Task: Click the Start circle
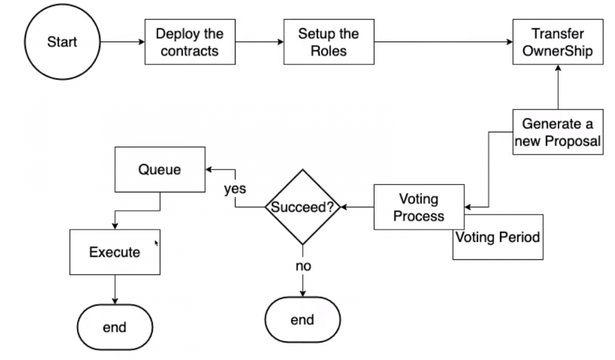tap(62, 42)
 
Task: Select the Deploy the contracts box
tap(190, 42)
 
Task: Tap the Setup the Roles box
tap(329, 42)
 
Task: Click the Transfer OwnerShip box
tap(557, 42)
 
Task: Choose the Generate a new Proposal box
tap(557, 132)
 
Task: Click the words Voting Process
tap(418, 207)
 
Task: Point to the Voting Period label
tap(498, 237)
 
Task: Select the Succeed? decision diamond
tap(302, 207)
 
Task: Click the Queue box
tap(160, 169)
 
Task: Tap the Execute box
tap(115, 252)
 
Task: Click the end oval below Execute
tap(115, 327)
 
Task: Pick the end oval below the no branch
tap(302, 320)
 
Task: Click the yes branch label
tap(235, 189)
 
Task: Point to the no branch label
tap(303, 266)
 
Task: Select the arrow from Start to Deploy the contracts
tap(122, 42)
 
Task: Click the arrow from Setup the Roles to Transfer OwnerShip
tap(443, 42)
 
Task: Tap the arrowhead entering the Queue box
tap(209, 169)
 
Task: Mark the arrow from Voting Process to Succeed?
tap(357, 207)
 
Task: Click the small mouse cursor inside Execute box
tap(157, 243)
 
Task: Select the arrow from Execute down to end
tap(115, 289)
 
